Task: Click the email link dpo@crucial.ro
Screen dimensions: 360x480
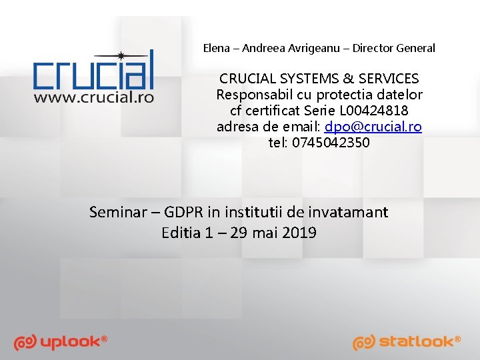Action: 373,127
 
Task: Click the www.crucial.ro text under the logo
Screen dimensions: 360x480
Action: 94,97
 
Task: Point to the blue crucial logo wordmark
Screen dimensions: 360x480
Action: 94,73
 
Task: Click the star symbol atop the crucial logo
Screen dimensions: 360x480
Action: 120,56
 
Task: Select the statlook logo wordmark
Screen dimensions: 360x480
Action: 420,342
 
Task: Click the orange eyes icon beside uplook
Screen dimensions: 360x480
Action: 25,343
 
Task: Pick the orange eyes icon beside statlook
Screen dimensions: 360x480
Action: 364,343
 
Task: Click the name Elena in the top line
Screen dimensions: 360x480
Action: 216,48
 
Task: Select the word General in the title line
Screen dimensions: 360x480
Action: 415,48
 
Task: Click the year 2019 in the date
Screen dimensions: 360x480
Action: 299,233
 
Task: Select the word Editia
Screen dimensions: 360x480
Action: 179,233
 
